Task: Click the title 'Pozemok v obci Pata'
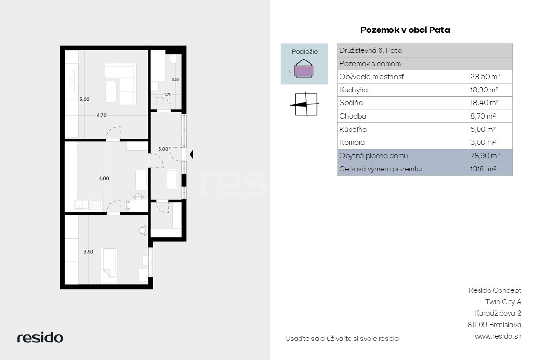[405, 30]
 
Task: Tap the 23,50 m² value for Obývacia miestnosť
[485, 77]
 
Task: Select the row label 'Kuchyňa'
[353, 90]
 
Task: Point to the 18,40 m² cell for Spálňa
[484, 103]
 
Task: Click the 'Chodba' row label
[353, 116]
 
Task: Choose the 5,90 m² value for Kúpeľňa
[483, 129]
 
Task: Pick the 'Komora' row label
[352, 142]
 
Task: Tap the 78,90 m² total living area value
[485, 155]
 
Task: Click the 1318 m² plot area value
[483, 169]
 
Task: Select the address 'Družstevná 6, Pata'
[370, 50]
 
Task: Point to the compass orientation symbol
[304, 104]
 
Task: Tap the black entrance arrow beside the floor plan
[191, 154]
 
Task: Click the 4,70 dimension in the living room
[101, 115]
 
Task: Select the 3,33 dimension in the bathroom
[175, 80]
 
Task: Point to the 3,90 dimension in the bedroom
[88, 252]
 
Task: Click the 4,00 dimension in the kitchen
[104, 179]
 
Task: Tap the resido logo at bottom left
[40, 337]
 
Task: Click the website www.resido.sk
[498, 336]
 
